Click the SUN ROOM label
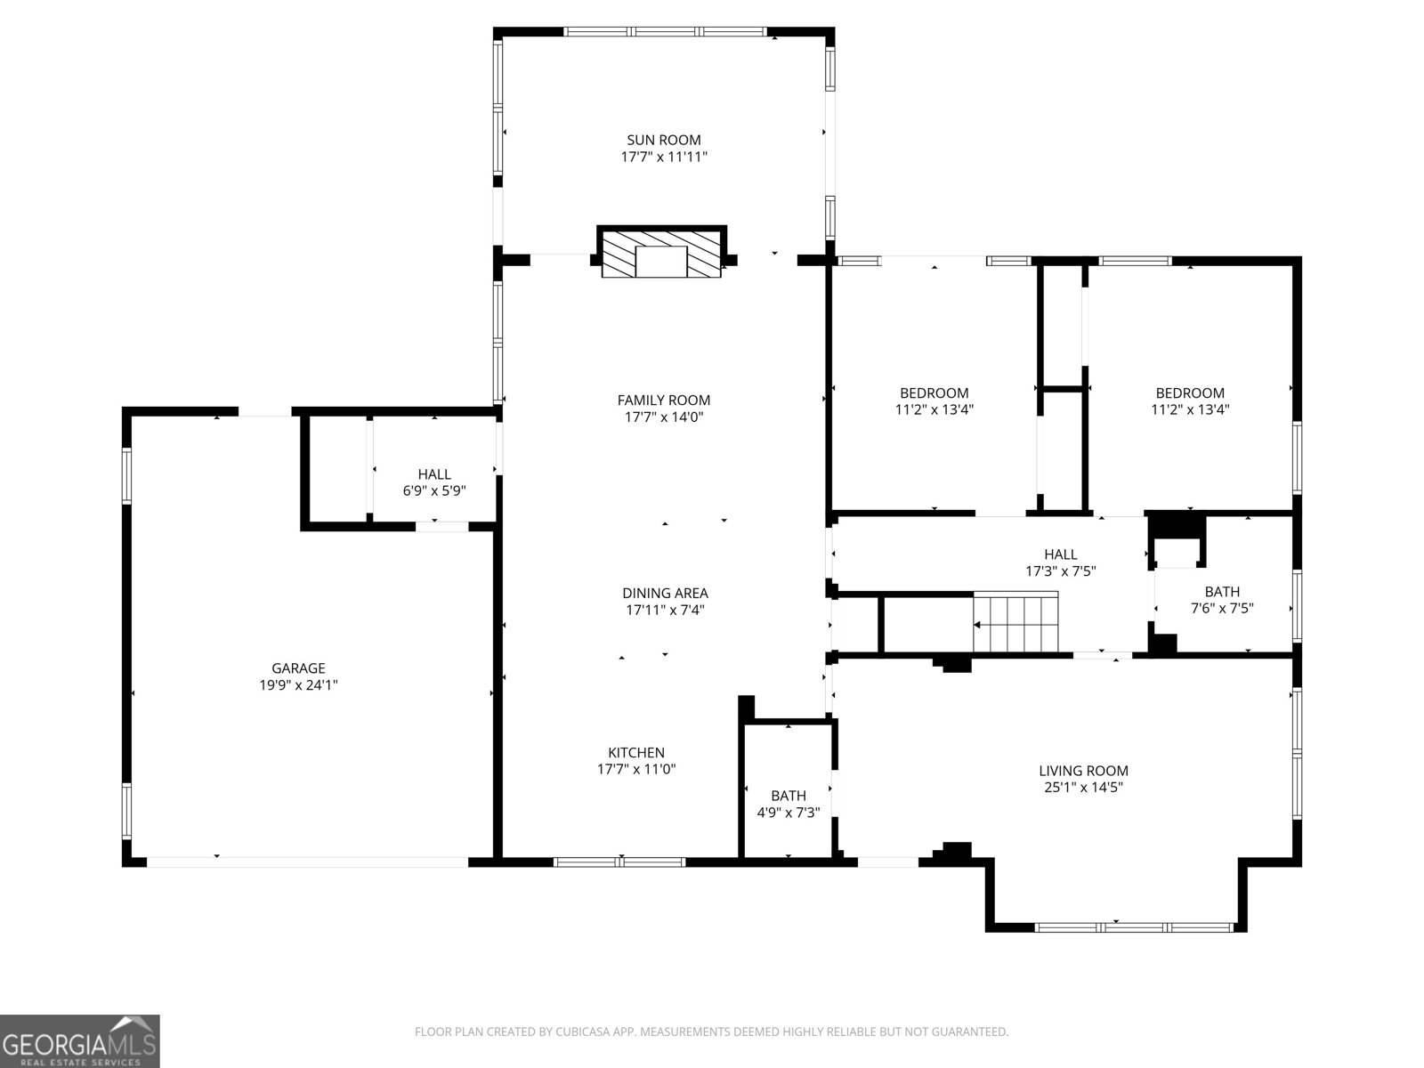tap(663, 140)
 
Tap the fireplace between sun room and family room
tap(660, 255)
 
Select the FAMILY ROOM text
tap(663, 400)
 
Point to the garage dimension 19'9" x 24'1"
tap(298, 685)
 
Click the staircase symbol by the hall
tap(1016, 623)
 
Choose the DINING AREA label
tap(665, 594)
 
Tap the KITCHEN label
tap(636, 753)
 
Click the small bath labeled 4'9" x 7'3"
tap(789, 804)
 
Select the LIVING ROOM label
tap(1083, 771)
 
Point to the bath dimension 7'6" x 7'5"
tap(1222, 609)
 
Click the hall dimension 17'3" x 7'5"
tap(1060, 571)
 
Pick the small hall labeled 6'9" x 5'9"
tap(434, 482)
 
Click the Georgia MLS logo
tap(79, 1040)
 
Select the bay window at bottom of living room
tap(1115, 927)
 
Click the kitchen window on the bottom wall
tap(620, 862)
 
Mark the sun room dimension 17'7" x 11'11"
tap(663, 157)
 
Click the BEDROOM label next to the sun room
tap(934, 393)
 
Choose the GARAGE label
tap(298, 668)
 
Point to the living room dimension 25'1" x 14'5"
tap(1083, 788)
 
